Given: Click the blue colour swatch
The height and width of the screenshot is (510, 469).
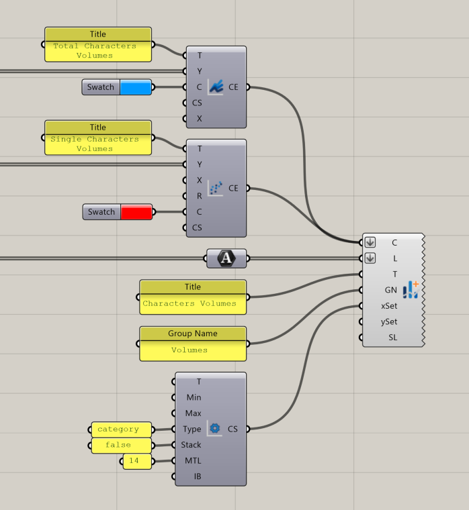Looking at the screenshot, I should (136, 87).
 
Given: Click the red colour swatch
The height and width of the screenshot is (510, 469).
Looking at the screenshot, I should (136, 212).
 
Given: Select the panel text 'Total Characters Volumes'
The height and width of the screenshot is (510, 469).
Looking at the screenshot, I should (95, 51).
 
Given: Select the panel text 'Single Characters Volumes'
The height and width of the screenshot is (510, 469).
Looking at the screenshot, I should (95, 144).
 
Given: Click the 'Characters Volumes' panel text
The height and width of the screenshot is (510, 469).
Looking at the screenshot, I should (189, 304).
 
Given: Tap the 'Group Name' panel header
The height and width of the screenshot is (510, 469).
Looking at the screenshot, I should (193, 334).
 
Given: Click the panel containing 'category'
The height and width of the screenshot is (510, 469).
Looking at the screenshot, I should (118, 429).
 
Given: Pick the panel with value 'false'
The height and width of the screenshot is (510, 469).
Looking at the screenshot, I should (118, 445).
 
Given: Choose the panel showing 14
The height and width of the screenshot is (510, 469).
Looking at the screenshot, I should (136, 461).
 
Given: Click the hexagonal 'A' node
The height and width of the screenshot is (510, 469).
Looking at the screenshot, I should (226, 258).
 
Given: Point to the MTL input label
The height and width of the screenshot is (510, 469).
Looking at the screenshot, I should (193, 461).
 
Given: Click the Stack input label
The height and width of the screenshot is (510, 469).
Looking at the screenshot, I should (191, 445).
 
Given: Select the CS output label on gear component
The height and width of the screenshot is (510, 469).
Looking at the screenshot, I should (232, 429).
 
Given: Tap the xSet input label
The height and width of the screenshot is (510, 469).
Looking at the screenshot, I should (389, 306).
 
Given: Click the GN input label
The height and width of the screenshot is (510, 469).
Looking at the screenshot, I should (390, 290).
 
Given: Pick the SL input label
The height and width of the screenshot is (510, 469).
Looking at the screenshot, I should (392, 338).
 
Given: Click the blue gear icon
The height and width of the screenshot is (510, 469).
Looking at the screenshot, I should (215, 428).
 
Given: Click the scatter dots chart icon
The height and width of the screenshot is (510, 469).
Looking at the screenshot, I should (215, 188).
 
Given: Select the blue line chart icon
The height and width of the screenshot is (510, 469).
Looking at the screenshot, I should (215, 87).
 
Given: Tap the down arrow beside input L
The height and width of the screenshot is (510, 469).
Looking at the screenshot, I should (370, 258).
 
